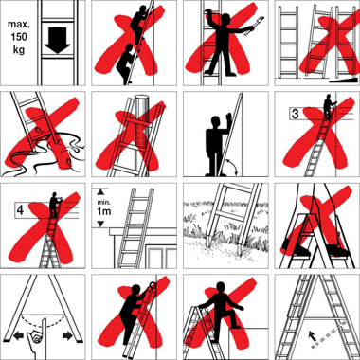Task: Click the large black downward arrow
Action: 57,40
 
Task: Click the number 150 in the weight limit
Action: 19,37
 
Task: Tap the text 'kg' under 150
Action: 19,49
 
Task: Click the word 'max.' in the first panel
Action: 19,25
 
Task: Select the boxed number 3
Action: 295,114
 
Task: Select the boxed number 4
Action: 20,210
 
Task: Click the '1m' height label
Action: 103,211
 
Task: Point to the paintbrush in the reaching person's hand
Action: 258,24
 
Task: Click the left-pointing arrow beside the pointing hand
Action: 18,336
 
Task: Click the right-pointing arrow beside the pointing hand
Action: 67,336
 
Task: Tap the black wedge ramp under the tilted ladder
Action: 345,81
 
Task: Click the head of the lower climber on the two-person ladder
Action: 129,46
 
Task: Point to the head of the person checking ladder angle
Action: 216,121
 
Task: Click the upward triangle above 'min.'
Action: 100,191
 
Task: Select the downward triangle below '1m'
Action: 100,224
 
